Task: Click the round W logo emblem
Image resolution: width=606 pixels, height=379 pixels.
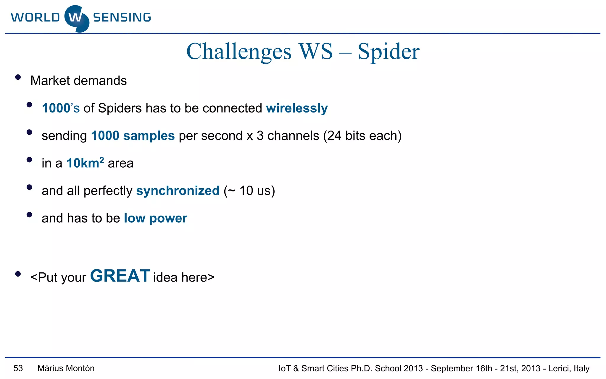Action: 77,18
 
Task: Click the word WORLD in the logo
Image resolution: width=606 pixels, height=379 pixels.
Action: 36,17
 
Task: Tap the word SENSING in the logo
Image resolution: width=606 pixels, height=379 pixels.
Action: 122,17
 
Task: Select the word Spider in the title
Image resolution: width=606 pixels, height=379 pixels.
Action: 388,52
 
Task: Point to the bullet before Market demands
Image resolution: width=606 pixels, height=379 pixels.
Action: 18,77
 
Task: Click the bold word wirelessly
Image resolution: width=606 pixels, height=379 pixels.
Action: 297,108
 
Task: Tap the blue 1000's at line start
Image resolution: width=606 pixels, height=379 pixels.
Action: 61,108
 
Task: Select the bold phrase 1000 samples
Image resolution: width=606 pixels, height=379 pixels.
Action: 133,136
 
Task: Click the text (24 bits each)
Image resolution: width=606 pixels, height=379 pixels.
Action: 362,136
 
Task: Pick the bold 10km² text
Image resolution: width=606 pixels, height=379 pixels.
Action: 85,163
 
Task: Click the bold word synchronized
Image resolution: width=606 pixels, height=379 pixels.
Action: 178,191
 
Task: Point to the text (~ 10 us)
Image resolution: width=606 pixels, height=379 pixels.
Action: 249,191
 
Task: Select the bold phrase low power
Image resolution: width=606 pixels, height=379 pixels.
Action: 155,218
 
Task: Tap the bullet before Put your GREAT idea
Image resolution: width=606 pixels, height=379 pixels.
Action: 18,274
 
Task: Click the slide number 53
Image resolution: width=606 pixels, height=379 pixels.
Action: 18,368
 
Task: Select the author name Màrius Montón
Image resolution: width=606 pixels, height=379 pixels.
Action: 66,368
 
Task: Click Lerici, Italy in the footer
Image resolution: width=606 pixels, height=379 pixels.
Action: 569,368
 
